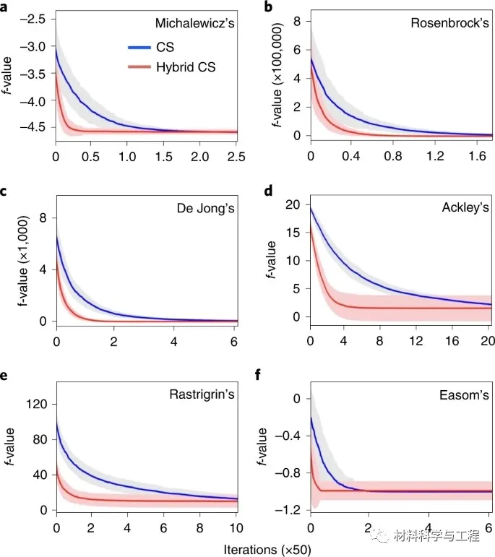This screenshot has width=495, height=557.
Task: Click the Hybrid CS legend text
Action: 189,68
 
